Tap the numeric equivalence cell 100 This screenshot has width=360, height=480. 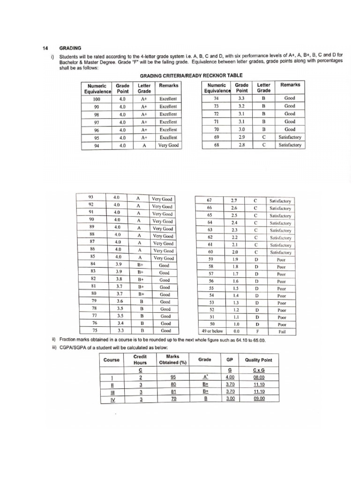[97, 99]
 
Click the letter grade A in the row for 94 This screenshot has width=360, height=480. [144, 145]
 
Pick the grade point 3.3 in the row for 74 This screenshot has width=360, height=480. [241, 98]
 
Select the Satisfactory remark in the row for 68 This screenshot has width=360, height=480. [290, 145]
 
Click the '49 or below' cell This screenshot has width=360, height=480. [212, 330]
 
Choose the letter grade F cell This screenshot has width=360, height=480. [256, 330]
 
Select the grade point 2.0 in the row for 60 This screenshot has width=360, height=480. [236, 252]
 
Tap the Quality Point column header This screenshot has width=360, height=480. [259, 360]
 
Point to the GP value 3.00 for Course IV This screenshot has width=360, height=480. [230, 399]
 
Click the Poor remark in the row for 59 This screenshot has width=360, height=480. [281, 259]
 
